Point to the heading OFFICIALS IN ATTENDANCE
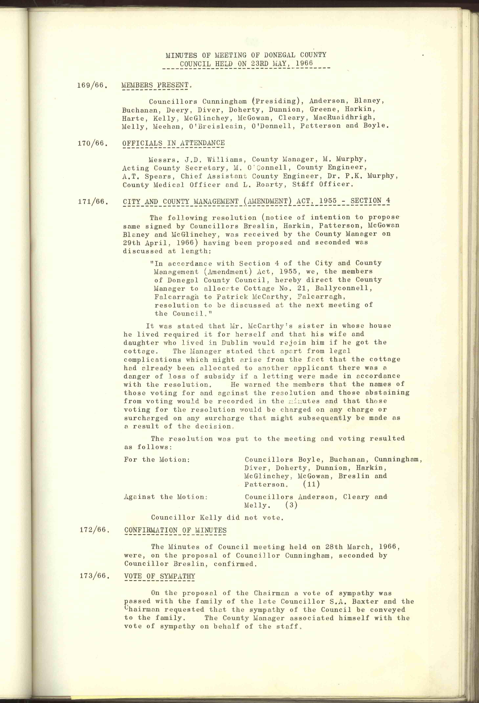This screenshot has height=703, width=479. click(173, 143)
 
